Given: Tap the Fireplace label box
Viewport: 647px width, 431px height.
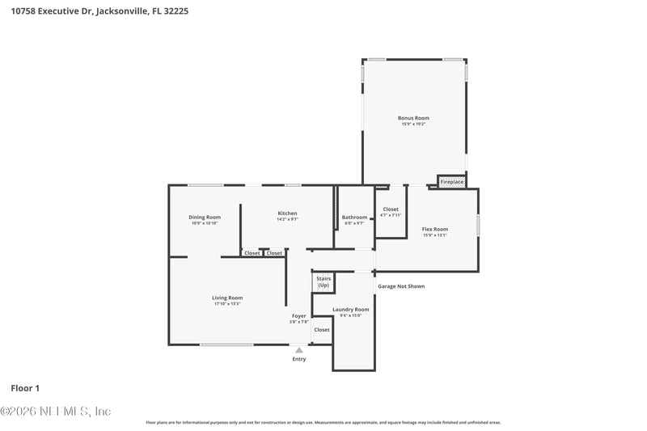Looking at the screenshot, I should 452,182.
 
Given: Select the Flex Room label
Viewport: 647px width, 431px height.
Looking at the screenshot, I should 434,229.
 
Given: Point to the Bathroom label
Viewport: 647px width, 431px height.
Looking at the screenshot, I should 354,217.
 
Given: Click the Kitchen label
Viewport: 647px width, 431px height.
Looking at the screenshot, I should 287,213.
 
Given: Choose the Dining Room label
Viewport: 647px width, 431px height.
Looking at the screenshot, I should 205,217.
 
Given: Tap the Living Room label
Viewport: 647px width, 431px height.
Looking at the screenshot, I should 227,298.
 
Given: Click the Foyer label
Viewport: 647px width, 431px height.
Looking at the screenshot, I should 298,315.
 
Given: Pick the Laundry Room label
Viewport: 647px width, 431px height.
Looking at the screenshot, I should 350,309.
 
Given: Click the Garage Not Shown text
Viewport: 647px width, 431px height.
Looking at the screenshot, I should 401,286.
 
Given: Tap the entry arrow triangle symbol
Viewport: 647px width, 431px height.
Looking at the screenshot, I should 299,350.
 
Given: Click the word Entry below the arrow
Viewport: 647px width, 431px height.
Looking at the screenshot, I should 299,359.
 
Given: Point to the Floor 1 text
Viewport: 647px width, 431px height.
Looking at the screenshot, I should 25,388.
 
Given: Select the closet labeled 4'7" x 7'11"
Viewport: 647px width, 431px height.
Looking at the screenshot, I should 391,212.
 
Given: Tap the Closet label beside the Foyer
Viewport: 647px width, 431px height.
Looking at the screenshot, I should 322,330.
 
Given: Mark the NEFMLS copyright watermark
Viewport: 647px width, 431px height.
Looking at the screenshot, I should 56,412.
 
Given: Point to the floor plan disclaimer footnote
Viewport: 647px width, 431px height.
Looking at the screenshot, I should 323,422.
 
